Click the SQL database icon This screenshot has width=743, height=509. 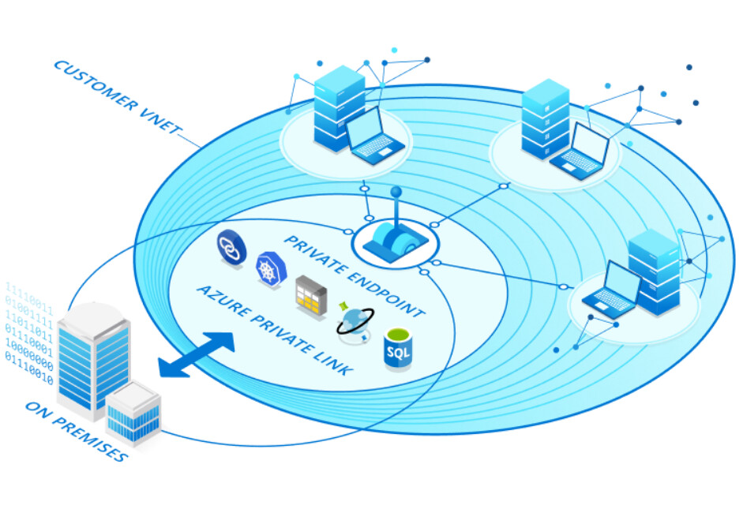click(x=398, y=349)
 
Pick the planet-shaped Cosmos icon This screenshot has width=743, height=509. click(x=352, y=321)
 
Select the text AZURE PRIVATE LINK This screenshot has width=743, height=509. click(x=272, y=331)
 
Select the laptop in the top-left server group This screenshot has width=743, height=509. click(x=373, y=137)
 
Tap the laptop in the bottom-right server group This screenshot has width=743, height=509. click(x=610, y=290)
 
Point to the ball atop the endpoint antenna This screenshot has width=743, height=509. click(x=396, y=191)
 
